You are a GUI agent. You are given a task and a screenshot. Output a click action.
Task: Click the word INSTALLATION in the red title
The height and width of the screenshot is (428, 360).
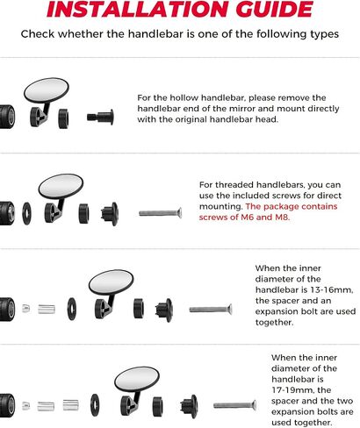point(139,9)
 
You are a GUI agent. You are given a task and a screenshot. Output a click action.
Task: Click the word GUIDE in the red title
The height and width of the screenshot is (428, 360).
point(275,9)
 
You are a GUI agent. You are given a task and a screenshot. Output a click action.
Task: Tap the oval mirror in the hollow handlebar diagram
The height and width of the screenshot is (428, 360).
point(47,90)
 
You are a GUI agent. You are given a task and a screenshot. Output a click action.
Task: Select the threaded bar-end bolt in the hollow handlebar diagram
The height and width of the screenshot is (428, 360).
point(100,117)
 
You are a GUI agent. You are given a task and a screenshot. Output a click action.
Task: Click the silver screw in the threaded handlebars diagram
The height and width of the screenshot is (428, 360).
point(160,213)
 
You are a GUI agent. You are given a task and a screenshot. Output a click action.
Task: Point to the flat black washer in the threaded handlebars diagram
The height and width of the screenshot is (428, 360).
point(27,213)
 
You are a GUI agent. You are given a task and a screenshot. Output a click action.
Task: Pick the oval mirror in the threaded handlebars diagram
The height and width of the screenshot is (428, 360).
point(61,186)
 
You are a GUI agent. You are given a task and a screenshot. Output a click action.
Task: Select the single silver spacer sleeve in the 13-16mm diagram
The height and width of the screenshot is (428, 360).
point(47,310)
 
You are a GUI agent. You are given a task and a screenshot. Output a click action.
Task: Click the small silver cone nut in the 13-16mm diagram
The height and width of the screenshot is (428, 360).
point(26,309)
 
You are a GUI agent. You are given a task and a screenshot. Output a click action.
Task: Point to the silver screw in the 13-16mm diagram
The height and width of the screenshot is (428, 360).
point(211,310)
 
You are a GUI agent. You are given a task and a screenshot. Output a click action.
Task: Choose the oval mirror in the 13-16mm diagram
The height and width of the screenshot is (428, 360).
point(112,282)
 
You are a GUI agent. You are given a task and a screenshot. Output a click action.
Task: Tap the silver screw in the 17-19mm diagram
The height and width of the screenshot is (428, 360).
point(235,405)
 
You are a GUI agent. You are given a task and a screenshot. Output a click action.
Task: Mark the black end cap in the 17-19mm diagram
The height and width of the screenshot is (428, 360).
point(190,406)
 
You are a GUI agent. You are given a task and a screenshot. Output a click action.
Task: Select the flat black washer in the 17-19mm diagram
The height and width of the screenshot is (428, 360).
point(95,405)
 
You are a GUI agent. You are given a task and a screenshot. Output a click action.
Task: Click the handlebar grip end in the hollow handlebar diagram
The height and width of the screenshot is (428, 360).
point(7,117)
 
